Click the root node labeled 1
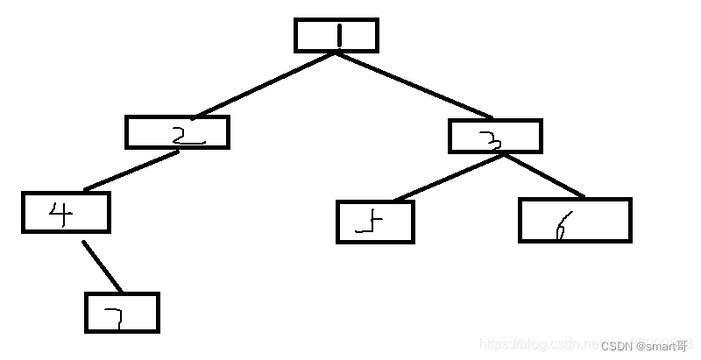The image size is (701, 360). click(336, 35)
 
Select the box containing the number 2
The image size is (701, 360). click(177, 132)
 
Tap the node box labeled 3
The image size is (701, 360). click(495, 136)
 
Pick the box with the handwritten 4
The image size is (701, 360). click(66, 212)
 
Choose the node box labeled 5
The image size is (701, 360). click(374, 222)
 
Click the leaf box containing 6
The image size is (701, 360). click(574, 220)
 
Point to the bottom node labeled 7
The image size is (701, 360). click(122, 313)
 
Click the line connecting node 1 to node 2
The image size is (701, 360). click(263, 85)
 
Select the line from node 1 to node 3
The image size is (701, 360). click(412, 85)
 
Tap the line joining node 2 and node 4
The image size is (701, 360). click(131, 171)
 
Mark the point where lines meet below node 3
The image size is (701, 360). click(499, 156)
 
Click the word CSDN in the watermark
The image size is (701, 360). click(618, 346)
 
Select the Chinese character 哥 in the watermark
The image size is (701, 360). click(683, 346)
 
